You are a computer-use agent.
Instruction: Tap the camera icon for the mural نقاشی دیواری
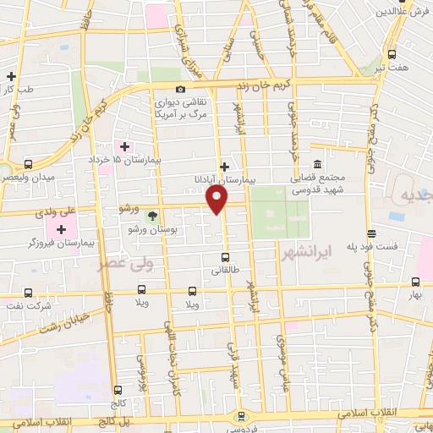click(179, 90)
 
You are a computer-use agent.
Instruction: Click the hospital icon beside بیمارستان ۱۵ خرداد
click(125, 146)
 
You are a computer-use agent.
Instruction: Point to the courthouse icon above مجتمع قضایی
click(317, 164)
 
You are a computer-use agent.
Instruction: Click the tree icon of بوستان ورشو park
click(153, 216)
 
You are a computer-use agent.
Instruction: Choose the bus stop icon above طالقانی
click(225, 257)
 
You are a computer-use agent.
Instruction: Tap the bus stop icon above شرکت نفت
click(30, 293)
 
